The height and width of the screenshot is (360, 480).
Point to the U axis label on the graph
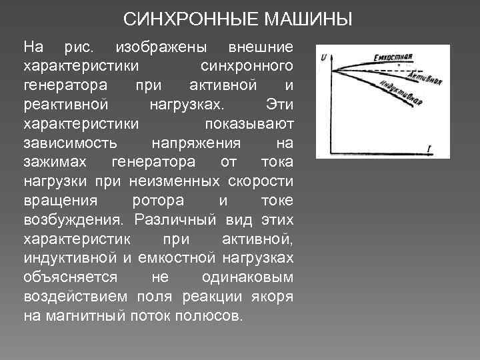pos(324,58)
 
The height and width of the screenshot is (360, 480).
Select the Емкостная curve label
pos(395,56)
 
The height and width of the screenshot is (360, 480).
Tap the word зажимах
pos(60,163)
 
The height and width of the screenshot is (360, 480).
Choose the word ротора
pos(154,201)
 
